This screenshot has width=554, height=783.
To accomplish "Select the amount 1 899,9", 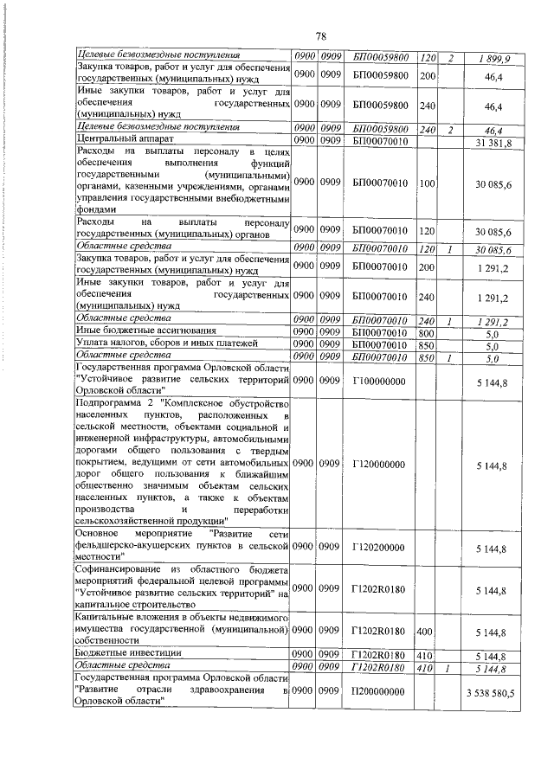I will coord(494,58).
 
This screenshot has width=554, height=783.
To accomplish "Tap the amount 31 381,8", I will coord(494,142).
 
